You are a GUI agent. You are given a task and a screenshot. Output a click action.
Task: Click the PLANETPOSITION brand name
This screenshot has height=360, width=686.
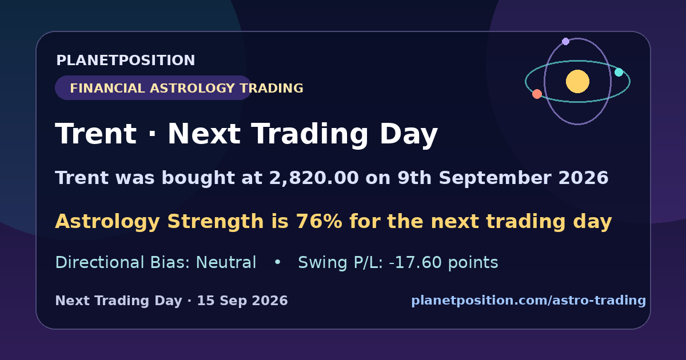point(126,60)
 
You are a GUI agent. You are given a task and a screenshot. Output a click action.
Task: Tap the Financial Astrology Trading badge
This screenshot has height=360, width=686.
point(153,88)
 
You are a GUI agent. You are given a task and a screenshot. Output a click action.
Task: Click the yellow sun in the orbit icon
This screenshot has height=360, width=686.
point(577,81)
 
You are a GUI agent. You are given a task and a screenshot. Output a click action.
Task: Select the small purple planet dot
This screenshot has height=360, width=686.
point(565,41)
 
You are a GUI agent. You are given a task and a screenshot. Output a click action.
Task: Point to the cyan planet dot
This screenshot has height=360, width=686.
point(619,72)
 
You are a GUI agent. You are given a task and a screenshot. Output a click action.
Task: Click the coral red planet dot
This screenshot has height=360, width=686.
point(537,94)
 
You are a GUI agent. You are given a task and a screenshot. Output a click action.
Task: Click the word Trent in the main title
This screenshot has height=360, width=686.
point(95,134)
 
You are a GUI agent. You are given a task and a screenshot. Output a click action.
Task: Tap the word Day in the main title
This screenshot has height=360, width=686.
point(409,135)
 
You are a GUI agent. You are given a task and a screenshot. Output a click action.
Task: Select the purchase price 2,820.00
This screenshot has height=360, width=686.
point(314,178)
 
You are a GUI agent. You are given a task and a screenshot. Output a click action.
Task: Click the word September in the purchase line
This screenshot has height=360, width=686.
point(495,178)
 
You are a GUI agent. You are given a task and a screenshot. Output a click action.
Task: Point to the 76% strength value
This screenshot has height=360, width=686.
point(319,221)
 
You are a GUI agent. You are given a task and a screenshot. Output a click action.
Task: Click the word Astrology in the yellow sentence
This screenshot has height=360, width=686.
point(107,222)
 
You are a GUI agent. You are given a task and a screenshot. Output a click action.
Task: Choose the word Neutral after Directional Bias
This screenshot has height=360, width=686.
point(226,262)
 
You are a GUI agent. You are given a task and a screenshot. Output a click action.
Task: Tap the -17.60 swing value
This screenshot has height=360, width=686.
point(415,262)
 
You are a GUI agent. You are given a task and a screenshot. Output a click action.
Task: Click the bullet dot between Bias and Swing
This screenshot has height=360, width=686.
point(277,262)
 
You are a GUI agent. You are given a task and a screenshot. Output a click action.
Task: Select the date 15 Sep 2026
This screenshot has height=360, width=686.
point(242,301)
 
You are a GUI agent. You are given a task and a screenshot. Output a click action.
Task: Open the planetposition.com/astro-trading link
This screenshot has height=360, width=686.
point(529,301)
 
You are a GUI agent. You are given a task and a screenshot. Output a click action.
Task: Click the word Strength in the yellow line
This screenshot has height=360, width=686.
point(216,222)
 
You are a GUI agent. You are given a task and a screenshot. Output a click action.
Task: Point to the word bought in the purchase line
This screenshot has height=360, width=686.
point(198,178)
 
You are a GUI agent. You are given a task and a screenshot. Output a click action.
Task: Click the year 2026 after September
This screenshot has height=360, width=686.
point(584,178)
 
